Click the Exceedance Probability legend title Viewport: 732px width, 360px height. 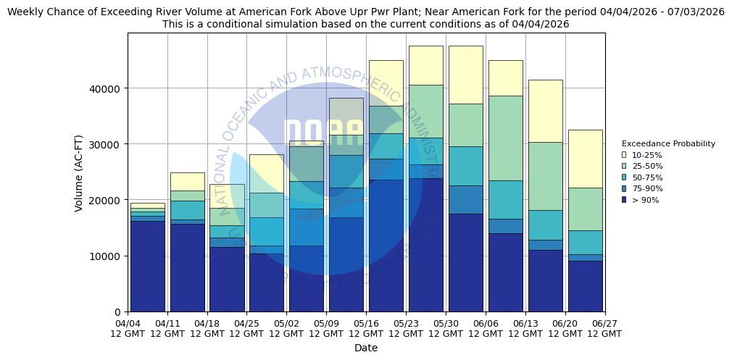click(668, 143)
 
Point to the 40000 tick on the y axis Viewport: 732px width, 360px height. click(107, 88)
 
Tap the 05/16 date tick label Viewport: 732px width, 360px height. click(366, 328)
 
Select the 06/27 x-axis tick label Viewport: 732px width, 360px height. click(604, 328)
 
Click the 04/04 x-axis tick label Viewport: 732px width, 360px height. click(128, 328)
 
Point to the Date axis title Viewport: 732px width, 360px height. click(366, 348)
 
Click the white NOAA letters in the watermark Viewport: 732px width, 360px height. click(323, 133)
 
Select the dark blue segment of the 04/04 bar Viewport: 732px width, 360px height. click(147, 266)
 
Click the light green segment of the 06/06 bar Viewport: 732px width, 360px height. click(505, 138)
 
